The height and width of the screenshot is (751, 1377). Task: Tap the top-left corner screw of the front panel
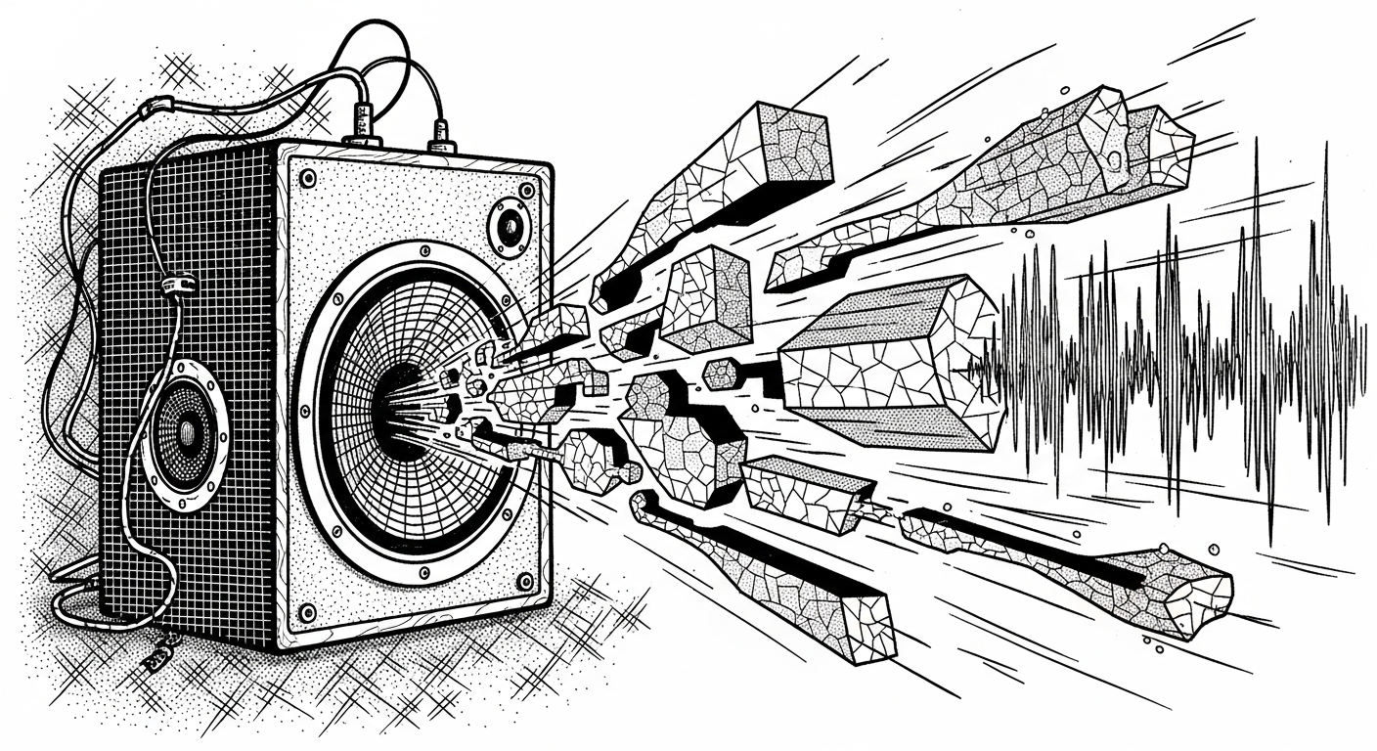pos(307,179)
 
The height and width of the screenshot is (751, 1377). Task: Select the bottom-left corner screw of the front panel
pos(307,613)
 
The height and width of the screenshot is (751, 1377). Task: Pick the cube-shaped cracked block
pos(704,298)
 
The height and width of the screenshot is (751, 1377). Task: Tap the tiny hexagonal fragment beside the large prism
pos(721,373)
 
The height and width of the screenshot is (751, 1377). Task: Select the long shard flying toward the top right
pos(988,186)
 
